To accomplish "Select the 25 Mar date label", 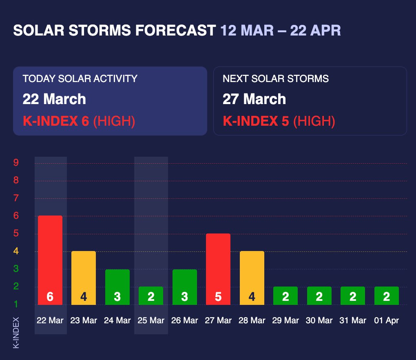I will [x=151, y=320].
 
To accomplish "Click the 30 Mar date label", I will [x=319, y=320].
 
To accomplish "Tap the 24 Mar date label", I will [x=117, y=320].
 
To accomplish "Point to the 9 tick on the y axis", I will [x=16, y=163].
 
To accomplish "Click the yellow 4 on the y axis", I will [x=16, y=251].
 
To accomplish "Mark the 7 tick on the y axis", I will [x=16, y=198].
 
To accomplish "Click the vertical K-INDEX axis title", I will [x=16, y=332].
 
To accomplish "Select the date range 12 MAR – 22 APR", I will [x=281, y=31].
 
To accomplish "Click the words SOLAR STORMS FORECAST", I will [x=115, y=31].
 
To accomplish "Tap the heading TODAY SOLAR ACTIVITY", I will [x=80, y=79].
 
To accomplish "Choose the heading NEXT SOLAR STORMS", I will [x=276, y=79].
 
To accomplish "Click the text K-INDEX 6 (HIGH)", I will [x=79, y=121].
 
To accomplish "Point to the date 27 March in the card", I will [x=254, y=99].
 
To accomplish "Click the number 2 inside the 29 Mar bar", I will [x=285, y=297].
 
